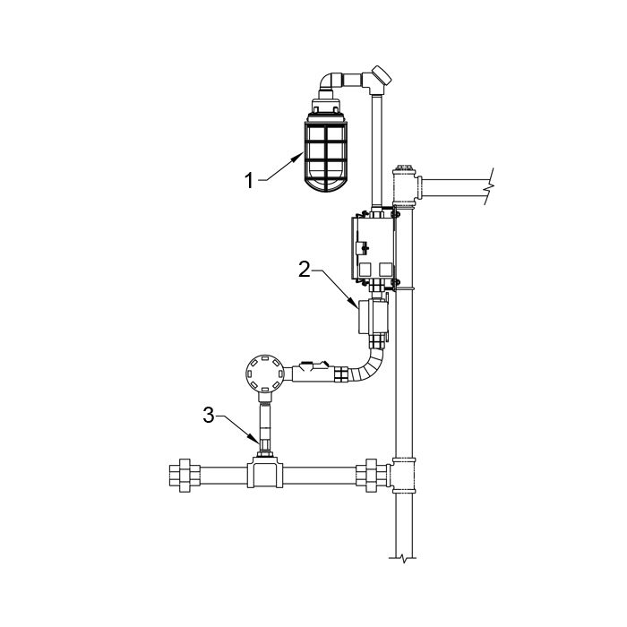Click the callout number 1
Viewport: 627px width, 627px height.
pyautogui.click(x=249, y=180)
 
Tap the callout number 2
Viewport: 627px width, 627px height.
pyautogui.click(x=305, y=269)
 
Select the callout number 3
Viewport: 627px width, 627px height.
pyautogui.click(x=209, y=415)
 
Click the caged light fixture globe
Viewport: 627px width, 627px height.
pyautogui.click(x=326, y=158)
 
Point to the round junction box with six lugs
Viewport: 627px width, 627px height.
pyautogui.click(x=264, y=374)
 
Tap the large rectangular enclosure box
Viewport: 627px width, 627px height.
pyautogui.click(x=374, y=248)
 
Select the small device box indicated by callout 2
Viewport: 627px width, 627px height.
pyautogui.click(x=372, y=317)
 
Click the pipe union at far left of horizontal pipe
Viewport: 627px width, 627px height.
pyautogui.click(x=185, y=476)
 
